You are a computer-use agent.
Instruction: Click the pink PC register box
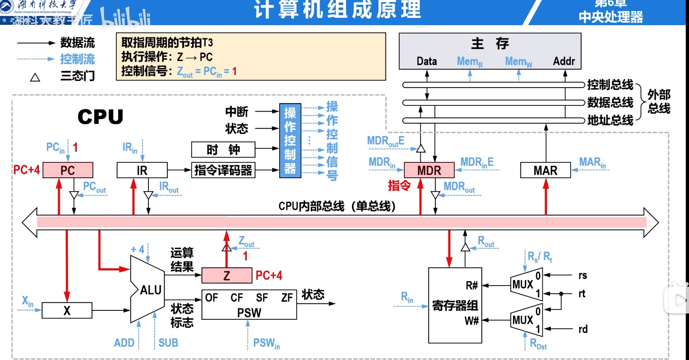click(68, 170)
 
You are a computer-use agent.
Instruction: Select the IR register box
click(142, 170)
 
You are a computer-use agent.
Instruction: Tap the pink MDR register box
click(429, 170)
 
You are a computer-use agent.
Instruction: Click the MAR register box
click(545, 170)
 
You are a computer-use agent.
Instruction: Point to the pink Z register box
click(227, 275)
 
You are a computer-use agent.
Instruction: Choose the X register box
click(67, 310)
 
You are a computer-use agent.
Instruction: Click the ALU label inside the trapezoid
click(150, 290)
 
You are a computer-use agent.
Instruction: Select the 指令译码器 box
click(223, 170)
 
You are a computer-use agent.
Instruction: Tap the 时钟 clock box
click(223, 150)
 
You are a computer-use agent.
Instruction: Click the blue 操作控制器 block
click(290, 140)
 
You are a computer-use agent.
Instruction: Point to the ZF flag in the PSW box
click(287, 298)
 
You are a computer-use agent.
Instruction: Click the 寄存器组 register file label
click(455, 305)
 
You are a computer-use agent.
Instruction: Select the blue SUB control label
click(168, 343)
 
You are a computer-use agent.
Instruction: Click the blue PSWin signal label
click(266, 343)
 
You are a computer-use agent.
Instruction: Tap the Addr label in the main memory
click(564, 61)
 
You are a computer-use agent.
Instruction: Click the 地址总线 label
click(610, 120)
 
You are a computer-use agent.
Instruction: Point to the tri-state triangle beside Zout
click(227, 247)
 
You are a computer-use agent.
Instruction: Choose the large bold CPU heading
click(100, 117)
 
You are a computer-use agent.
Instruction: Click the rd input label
click(583, 329)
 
